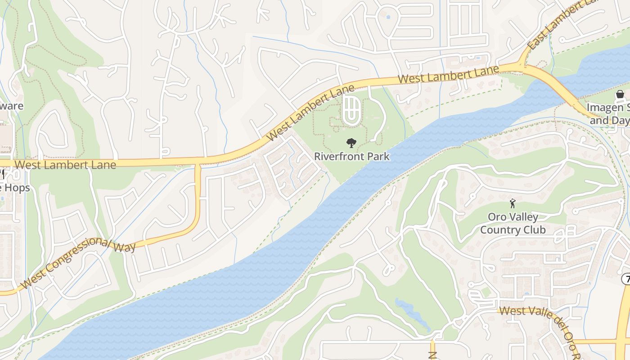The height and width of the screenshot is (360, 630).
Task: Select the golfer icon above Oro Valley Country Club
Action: (x=513, y=203)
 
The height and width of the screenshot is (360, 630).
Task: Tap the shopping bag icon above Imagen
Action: (x=620, y=94)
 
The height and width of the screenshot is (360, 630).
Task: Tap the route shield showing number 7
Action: (x=626, y=279)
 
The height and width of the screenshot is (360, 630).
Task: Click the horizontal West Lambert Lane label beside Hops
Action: (x=65, y=165)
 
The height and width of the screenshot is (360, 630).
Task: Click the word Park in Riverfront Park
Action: (x=379, y=157)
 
